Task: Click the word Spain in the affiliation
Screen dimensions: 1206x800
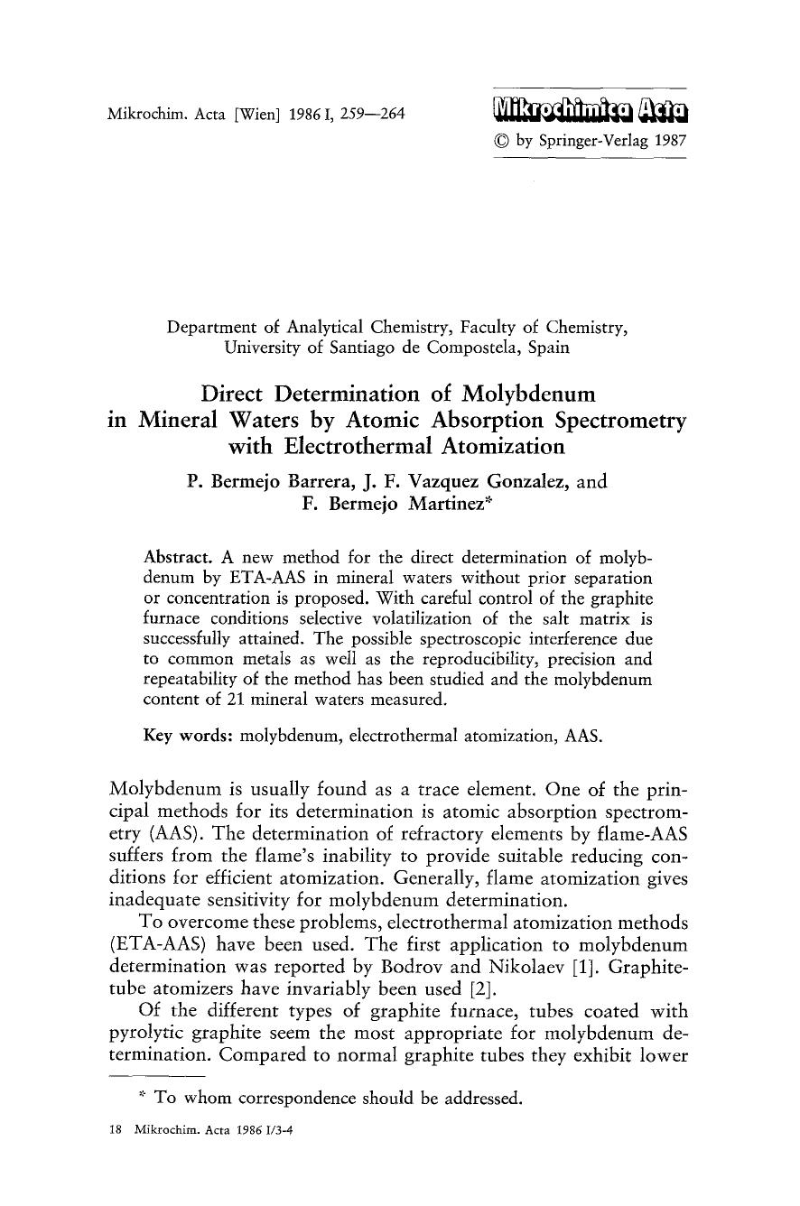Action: [546, 347]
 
